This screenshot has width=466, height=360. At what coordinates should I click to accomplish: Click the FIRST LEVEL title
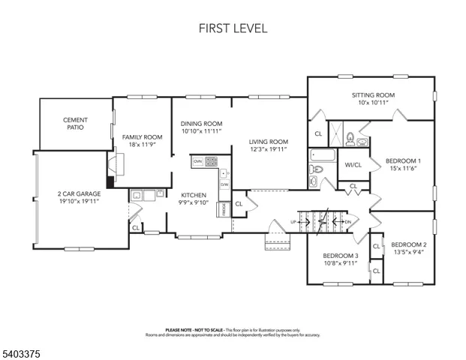233,28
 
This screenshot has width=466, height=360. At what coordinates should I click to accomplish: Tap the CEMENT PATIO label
76,124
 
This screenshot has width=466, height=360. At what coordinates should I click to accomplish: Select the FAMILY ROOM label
143,136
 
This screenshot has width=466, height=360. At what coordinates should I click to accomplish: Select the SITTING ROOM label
373,95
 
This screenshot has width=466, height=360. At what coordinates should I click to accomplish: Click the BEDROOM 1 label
403,160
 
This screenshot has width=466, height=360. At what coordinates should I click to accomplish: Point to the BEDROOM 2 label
408,244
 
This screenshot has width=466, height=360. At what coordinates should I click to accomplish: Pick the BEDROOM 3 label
340,256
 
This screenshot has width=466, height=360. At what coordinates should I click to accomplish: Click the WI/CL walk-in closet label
353,165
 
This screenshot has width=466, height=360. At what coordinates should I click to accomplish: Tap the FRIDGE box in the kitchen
224,209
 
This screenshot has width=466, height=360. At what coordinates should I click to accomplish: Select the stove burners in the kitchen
211,160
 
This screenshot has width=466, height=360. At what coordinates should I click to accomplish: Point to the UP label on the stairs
293,222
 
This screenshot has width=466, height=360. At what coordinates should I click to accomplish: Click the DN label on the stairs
347,222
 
